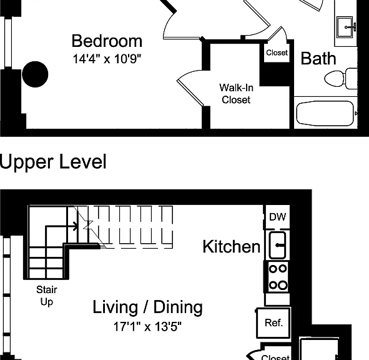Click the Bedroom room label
point(107,41)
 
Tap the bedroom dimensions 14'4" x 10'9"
point(107,59)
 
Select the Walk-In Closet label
point(236,94)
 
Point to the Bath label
point(318,58)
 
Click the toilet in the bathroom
point(341,79)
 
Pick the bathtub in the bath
point(325,114)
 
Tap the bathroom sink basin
point(345,27)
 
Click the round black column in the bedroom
point(35,74)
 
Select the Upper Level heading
point(53,162)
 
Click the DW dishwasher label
point(278,217)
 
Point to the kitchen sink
point(277,245)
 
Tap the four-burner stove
point(278,277)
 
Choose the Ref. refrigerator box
point(273,322)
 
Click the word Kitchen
point(232,247)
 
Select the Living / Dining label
point(147,307)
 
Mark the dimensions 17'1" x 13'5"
point(147,326)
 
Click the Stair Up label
point(47,296)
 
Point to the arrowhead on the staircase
point(76,226)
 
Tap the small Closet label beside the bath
point(277,52)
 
